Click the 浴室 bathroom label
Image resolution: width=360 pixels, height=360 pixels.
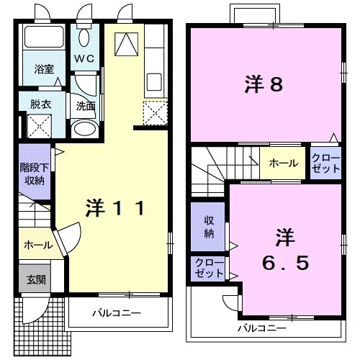pyautogui.click(x=44, y=70)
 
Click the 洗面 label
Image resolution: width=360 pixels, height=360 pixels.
pyautogui.click(x=85, y=106)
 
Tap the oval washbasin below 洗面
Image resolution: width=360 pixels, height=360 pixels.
pyautogui.click(x=85, y=128)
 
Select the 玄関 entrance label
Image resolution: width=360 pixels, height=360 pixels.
pyautogui.click(x=35, y=279)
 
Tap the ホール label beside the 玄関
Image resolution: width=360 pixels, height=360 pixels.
pyautogui.click(x=37, y=245)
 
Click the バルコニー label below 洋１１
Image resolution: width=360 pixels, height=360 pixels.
pyautogui.click(x=115, y=314)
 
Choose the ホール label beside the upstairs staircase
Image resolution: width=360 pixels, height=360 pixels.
pyautogui.click(x=283, y=163)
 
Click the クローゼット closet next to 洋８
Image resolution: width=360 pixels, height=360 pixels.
pyautogui.click(x=325, y=163)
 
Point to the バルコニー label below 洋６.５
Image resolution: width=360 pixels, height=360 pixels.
pyautogui.click(x=262, y=328)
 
